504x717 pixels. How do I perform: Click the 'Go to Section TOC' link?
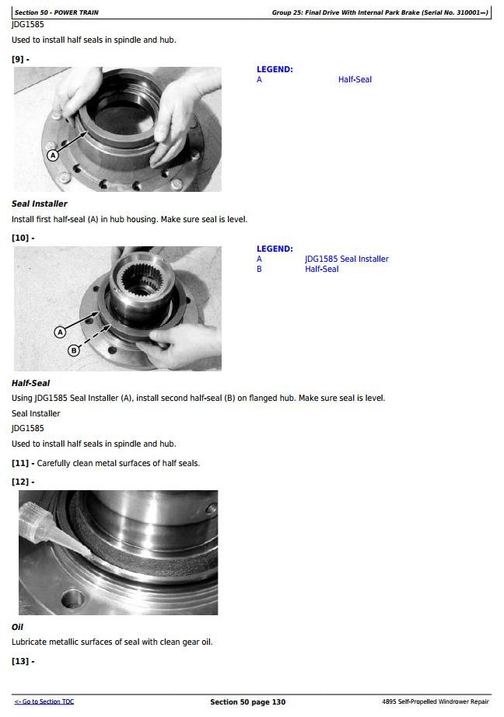pyautogui.click(x=44, y=701)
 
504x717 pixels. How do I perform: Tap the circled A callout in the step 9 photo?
pyautogui.click(x=53, y=155)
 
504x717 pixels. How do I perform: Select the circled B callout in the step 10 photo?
pyautogui.click(x=74, y=350)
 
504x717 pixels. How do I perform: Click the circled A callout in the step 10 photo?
pyautogui.click(x=60, y=332)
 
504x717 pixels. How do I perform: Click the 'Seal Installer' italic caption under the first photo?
pyautogui.click(x=40, y=204)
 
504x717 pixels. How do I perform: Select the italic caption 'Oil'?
pyautogui.click(x=17, y=627)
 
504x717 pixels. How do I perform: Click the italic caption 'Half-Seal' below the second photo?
pyautogui.click(x=30, y=383)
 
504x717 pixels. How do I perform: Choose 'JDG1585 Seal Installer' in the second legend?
pyautogui.click(x=347, y=259)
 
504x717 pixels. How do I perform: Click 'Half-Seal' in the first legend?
pyautogui.click(x=355, y=79)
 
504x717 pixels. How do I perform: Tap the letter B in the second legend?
pyautogui.click(x=259, y=269)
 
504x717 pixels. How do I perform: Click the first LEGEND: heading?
pyautogui.click(x=275, y=69)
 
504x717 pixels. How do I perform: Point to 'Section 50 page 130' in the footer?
pyautogui.click(x=247, y=702)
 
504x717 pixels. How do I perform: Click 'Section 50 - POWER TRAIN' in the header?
pyautogui.click(x=56, y=12)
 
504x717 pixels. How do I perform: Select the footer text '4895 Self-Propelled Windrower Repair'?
pyautogui.click(x=436, y=701)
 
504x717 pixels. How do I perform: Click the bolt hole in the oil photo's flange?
pyautogui.click(x=73, y=599)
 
